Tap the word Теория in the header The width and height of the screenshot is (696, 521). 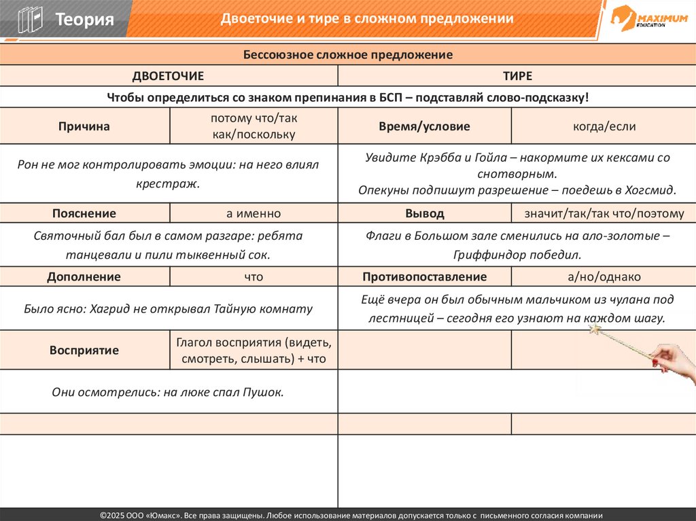(84, 19)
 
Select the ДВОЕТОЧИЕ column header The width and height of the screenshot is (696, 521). (168, 76)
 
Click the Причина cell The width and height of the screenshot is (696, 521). (84, 126)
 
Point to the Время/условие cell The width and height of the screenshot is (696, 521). (424, 126)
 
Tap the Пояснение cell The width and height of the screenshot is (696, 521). (84, 213)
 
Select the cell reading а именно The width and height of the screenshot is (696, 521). (254, 213)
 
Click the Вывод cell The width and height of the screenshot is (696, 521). (425, 213)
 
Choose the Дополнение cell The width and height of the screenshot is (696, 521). (84, 276)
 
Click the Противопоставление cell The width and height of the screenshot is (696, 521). (425, 276)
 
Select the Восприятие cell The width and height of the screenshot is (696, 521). (84, 351)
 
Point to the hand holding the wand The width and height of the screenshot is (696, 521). (674, 360)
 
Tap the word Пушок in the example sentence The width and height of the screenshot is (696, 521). (264, 392)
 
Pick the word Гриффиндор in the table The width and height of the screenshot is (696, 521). (493, 255)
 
